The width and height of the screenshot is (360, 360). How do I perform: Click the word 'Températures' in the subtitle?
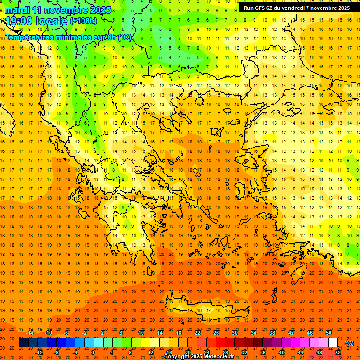click(28, 37)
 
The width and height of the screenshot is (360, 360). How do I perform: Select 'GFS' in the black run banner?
click(260, 8)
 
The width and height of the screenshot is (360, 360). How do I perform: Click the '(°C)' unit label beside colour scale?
click(349, 343)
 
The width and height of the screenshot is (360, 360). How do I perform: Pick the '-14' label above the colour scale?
click(30, 333)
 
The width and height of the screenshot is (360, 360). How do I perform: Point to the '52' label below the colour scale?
click(338, 352)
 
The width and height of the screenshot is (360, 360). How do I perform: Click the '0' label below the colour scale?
click(93, 352)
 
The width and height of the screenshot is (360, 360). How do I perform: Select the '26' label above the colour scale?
click(216, 333)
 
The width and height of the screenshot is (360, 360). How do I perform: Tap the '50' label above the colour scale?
click(329, 333)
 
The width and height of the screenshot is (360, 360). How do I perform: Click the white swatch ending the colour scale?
click(333, 343)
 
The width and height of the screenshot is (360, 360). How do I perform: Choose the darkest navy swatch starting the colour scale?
click(23, 343)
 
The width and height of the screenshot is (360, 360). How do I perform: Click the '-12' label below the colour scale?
click(39, 352)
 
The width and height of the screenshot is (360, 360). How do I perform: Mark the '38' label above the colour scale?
click(272, 333)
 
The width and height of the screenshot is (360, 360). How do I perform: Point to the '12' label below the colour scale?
click(150, 352)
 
